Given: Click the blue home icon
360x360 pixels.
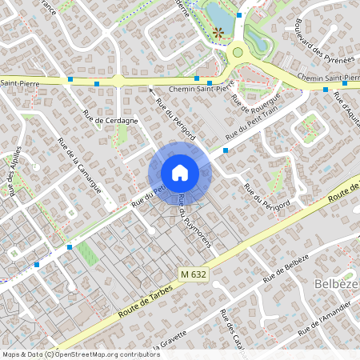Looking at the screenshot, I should click(x=179, y=172).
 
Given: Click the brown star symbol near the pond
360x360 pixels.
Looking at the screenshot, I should click(x=218, y=33).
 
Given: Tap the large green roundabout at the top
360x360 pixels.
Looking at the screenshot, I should click(x=236, y=54).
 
